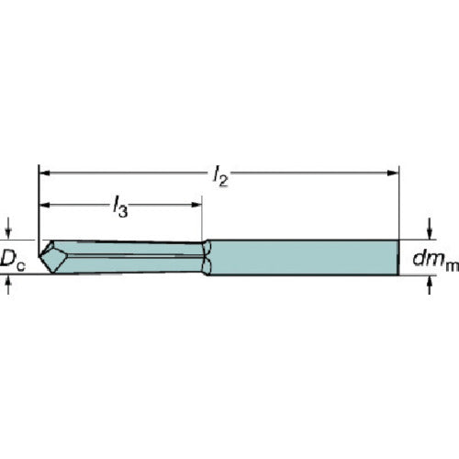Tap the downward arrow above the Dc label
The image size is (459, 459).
pos(9,230)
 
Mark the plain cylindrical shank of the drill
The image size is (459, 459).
pos(303,257)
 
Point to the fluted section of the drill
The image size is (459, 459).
pos(129,255)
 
